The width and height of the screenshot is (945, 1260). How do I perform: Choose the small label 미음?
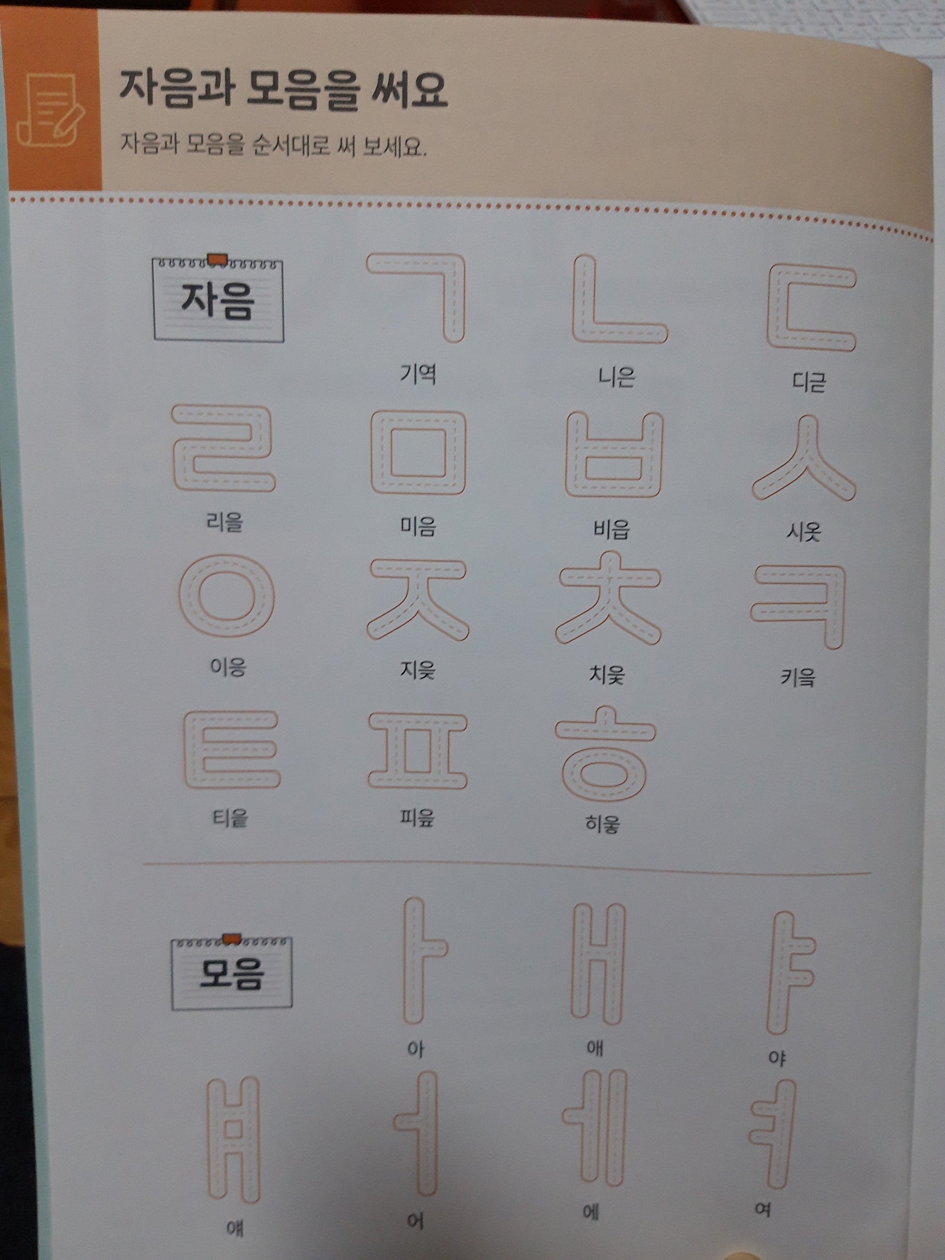[418, 525]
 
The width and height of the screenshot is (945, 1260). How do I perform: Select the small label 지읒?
[418, 670]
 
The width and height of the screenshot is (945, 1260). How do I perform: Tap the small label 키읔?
[798, 677]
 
